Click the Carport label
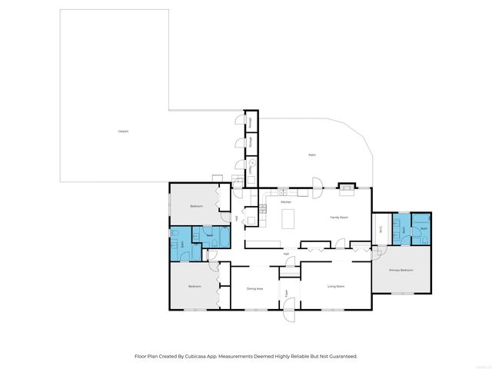(123, 131)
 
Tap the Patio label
(312, 155)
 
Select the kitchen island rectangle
(288, 220)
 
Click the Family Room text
(340, 218)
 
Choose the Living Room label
(336, 286)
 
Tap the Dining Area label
(255, 288)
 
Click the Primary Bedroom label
(401, 271)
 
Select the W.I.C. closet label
(381, 229)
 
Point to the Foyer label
(286, 293)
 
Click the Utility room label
(250, 169)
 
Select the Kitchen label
(286, 201)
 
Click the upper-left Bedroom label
(197, 205)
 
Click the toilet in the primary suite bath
(424, 239)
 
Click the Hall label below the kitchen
(286, 253)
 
